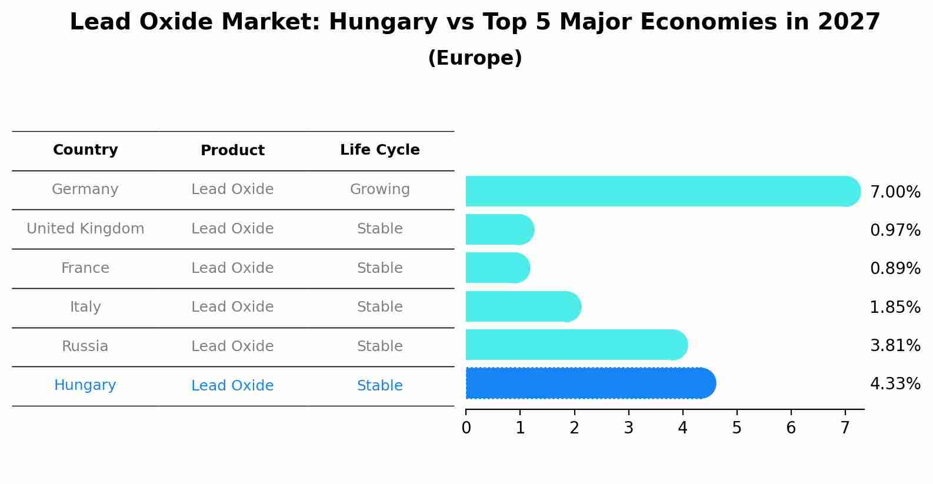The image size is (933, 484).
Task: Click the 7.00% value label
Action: (895, 192)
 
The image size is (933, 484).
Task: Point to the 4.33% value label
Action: (895, 384)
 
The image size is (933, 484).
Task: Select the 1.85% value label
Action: (895, 307)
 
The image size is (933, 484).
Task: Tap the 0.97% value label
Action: (895, 230)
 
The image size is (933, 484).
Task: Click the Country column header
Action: (85, 150)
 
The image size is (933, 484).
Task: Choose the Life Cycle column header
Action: (379, 150)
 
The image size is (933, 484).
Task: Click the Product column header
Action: (232, 151)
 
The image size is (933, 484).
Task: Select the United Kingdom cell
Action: (85, 229)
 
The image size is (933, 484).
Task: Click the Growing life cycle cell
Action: (379, 189)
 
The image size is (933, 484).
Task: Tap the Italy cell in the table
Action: (85, 307)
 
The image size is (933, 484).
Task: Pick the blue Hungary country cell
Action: (85, 385)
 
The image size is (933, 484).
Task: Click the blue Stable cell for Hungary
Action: (379, 386)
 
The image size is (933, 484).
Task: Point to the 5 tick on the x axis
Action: (737, 428)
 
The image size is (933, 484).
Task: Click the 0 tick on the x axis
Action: (466, 428)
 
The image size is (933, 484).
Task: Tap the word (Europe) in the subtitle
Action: (475, 58)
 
